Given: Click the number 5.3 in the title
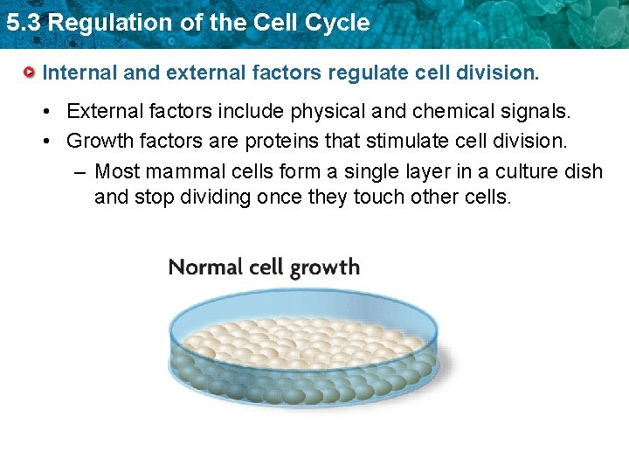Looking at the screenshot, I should coord(23,23).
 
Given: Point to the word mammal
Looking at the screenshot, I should coord(187,170).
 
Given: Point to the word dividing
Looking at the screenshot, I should coord(210,197).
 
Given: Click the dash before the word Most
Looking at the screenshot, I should coord(81,170).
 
